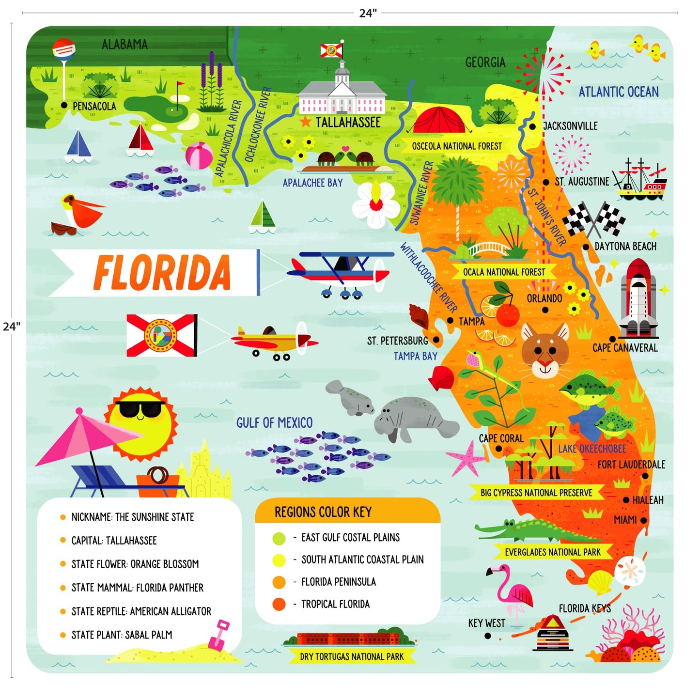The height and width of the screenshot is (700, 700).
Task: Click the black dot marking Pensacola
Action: [x=64, y=105]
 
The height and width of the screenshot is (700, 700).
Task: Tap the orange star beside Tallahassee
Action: [x=305, y=122]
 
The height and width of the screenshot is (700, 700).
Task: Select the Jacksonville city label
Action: [x=570, y=126]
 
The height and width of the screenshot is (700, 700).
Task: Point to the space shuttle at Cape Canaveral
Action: [x=638, y=298]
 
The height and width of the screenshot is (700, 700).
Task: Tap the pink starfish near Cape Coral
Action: [x=466, y=458]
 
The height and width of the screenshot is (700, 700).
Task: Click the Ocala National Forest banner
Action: [x=504, y=272]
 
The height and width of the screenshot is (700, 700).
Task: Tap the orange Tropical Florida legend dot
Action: [x=279, y=604]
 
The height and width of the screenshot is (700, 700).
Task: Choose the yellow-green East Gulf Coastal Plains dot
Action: [x=279, y=538]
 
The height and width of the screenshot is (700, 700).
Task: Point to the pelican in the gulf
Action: [x=78, y=213]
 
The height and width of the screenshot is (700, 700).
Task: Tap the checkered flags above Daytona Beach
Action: [x=594, y=219]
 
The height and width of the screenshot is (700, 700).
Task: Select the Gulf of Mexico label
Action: [x=274, y=423]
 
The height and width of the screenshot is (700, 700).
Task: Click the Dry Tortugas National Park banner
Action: [x=352, y=656]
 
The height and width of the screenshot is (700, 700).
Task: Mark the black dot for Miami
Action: [x=644, y=520]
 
